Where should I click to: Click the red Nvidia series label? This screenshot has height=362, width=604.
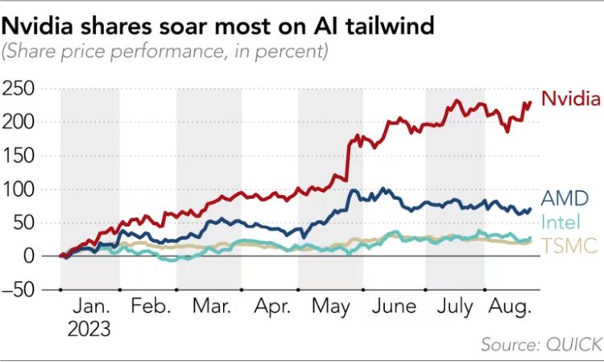(x=570, y=100)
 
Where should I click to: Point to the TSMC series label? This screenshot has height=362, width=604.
(x=568, y=246)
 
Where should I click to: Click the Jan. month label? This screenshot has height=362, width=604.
(x=90, y=308)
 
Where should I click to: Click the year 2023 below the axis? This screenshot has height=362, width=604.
(x=89, y=329)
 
